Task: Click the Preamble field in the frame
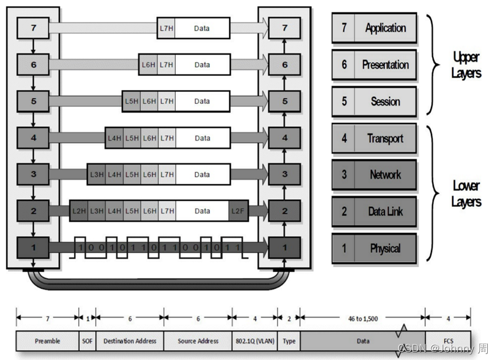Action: (x=47, y=341)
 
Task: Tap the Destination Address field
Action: (x=130, y=341)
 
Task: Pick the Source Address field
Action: (x=198, y=341)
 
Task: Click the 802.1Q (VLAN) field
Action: (x=255, y=341)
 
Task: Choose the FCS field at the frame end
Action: (x=448, y=341)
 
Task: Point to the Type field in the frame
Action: (x=289, y=341)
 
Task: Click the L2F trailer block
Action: (x=238, y=211)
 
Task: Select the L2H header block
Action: (x=79, y=211)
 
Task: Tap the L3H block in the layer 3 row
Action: (x=96, y=175)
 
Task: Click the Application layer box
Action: (x=374, y=28)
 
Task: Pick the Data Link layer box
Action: (x=374, y=212)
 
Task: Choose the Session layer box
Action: (x=374, y=102)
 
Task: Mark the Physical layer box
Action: (x=374, y=249)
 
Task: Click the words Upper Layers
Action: (x=466, y=65)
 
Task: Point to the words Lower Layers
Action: (x=466, y=194)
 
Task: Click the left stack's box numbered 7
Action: (x=33, y=28)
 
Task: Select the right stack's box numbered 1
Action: (x=285, y=248)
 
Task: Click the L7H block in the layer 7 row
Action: (x=167, y=28)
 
